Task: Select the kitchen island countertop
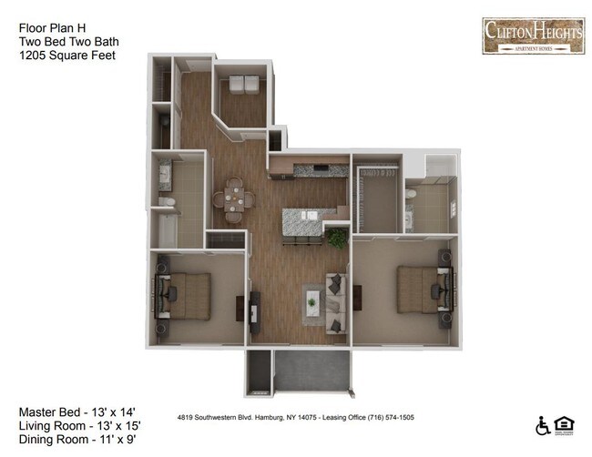304,218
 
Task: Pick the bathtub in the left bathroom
171,228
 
